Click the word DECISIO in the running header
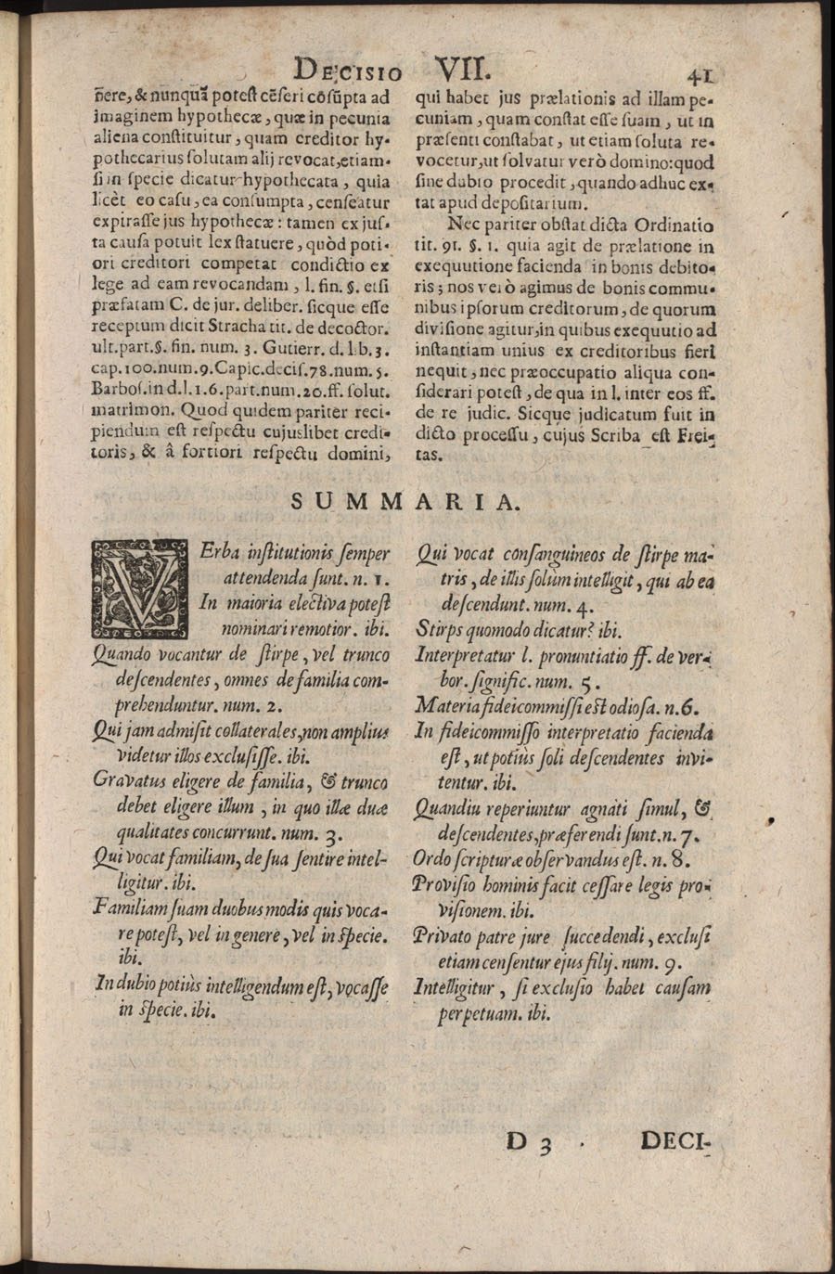[346, 71]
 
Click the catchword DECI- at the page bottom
[674, 1140]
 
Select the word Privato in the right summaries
[443, 936]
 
